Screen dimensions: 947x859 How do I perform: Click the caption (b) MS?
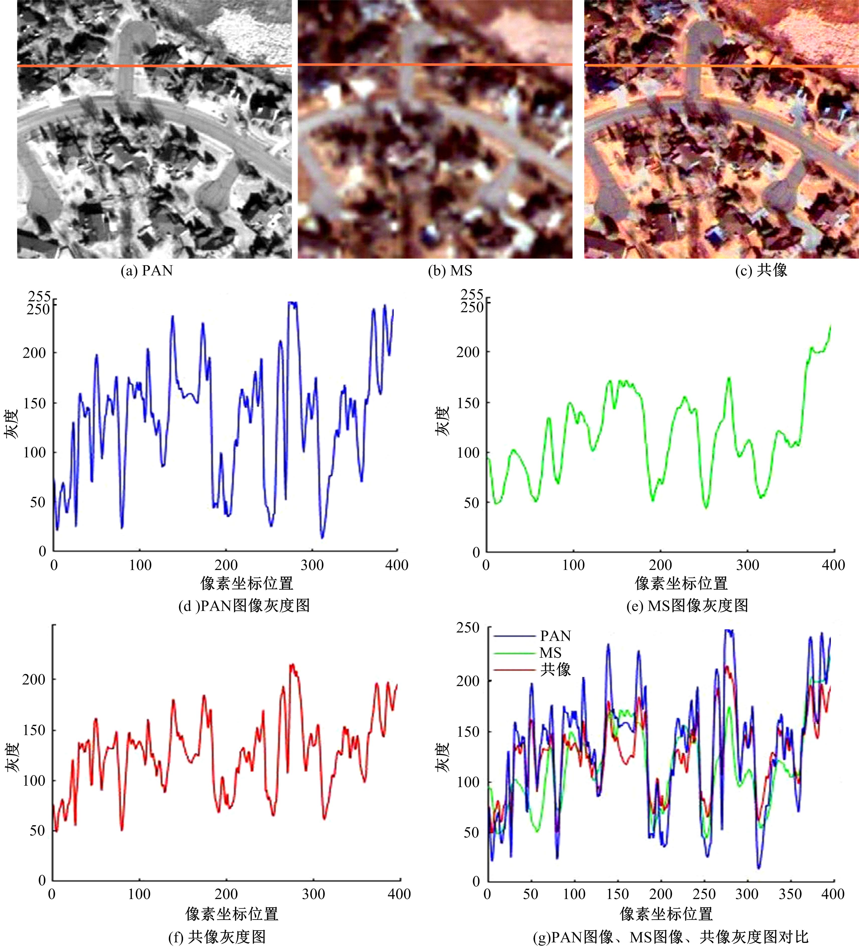pos(450,271)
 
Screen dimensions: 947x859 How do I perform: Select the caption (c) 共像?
pos(761,271)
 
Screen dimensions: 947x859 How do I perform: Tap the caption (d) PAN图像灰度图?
pos(244,606)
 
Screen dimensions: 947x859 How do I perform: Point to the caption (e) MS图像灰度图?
pos(687,606)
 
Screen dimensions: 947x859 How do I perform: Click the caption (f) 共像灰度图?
pos(217,937)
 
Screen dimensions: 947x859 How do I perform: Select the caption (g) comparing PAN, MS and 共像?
pos(671,937)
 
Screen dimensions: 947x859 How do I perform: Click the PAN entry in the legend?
pos(555,636)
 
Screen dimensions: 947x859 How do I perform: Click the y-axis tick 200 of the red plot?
pos(34,680)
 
